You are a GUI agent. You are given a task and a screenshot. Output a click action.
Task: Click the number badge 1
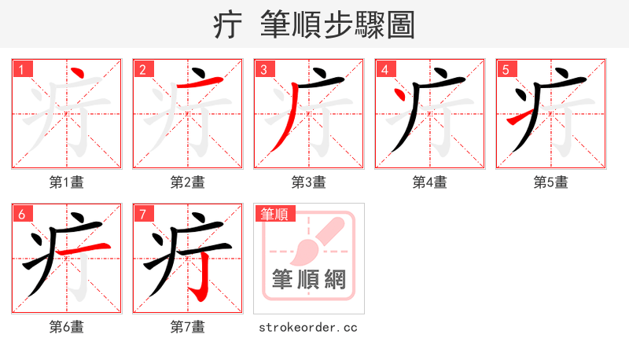click(21, 69)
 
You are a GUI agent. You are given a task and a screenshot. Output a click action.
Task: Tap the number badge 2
click(142, 69)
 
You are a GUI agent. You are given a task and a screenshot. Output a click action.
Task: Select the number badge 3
click(263, 69)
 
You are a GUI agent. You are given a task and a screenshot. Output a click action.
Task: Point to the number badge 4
click(384, 69)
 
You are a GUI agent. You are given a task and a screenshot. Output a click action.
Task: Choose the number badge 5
click(506, 69)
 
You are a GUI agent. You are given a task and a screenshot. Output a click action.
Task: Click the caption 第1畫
click(66, 182)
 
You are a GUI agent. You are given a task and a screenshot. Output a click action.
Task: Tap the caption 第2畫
click(187, 182)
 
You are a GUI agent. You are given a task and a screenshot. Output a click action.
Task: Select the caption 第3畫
click(308, 182)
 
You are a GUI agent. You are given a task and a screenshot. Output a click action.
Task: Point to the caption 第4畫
click(429, 182)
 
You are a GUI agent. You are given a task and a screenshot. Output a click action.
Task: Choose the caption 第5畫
click(550, 182)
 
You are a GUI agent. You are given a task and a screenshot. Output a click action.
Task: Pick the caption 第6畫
click(66, 326)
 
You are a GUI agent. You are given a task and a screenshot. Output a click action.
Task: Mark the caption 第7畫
click(187, 326)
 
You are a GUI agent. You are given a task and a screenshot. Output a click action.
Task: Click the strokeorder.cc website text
click(308, 326)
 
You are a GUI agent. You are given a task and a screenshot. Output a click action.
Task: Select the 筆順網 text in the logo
click(308, 279)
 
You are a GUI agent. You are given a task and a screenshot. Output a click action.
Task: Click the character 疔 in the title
click(227, 25)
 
